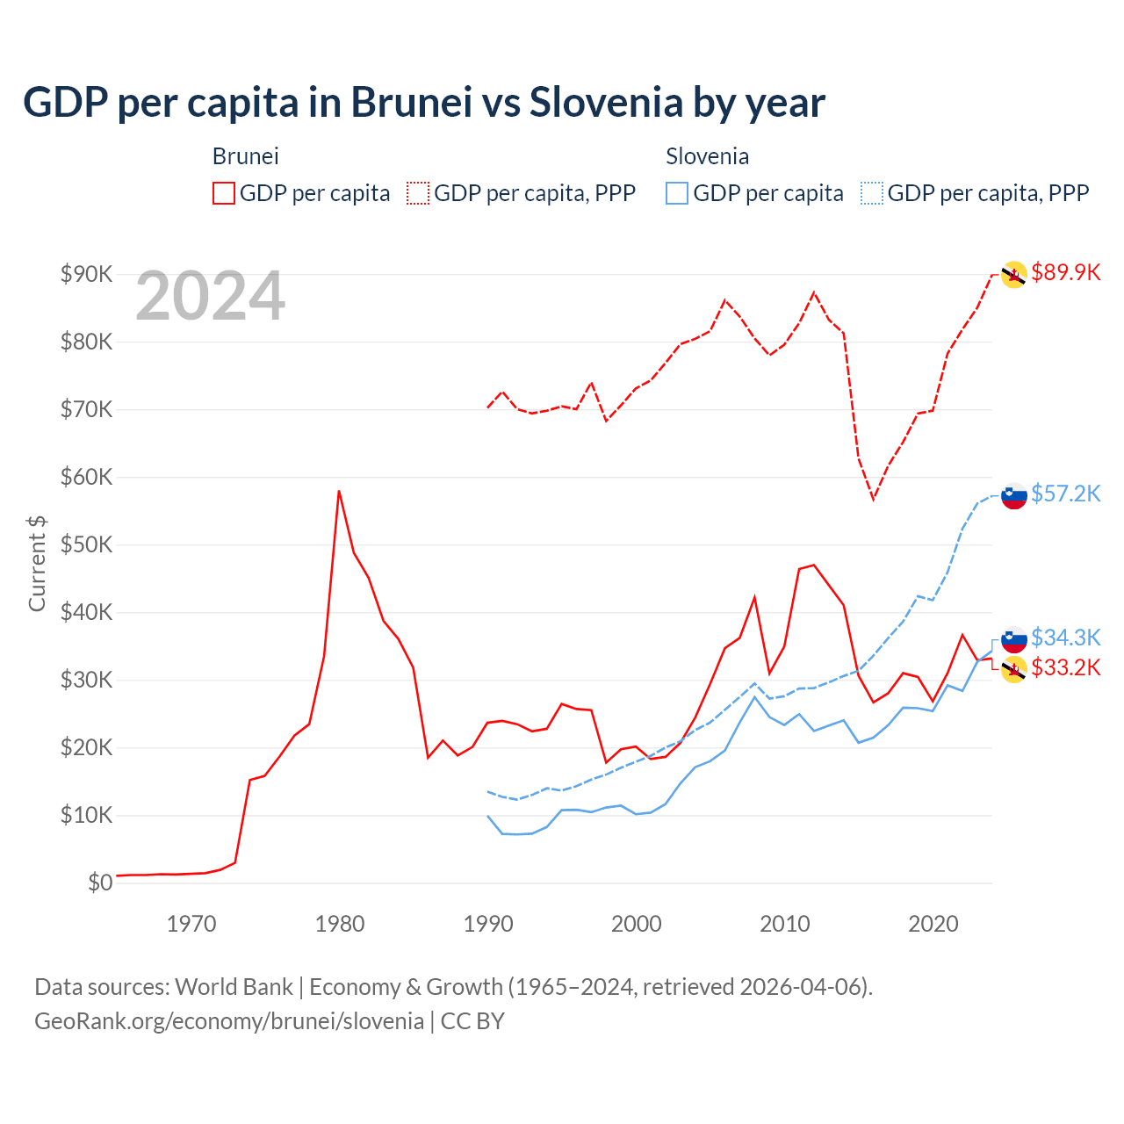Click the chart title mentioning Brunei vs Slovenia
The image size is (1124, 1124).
(423, 103)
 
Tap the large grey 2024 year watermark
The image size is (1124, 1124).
(210, 297)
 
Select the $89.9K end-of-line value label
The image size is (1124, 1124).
(1065, 272)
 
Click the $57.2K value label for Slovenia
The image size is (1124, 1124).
(1065, 494)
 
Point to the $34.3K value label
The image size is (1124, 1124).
(1065, 637)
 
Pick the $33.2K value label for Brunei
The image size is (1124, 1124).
(1065, 668)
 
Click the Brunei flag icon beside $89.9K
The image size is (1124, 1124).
(1014, 275)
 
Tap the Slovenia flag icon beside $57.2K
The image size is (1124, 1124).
(1014, 496)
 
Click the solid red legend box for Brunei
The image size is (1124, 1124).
(224, 193)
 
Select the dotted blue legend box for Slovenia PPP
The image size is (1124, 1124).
(872, 193)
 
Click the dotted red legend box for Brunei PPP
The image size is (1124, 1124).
(418, 193)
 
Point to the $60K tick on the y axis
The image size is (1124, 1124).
(86, 477)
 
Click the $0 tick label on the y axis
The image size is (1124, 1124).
(100, 883)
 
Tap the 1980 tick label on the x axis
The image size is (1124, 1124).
(340, 924)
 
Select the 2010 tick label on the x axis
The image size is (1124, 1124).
(784, 924)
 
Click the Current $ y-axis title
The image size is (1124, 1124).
(37, 564)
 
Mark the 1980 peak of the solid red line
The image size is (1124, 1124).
(339, 491)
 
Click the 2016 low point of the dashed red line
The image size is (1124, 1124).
(873, 499)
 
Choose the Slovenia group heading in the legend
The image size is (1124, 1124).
(707, 156)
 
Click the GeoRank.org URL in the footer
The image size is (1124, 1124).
(229, 1021)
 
